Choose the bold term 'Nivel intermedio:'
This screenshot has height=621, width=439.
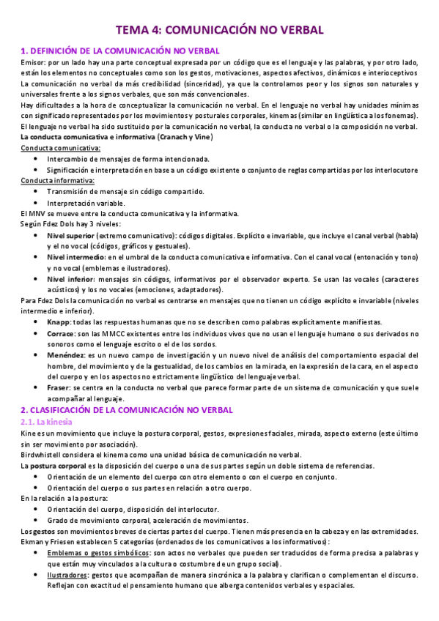pyautogui.click(x=76, y=257)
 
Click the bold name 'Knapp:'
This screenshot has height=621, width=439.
pyautogui.click(x=59, y=322)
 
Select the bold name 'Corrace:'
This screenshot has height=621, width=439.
pyautogui.click(x=62, y=333)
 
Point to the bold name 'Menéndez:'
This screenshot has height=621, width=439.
pyautogui.click(x=67, y=354)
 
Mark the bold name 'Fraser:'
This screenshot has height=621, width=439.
pyautogui.click(x=60, y=387)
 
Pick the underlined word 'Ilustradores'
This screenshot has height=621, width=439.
pyautogui.click(x=71, y=575)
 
